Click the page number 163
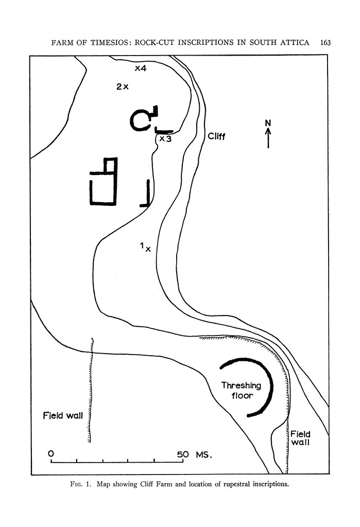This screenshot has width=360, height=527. [x=324, y=42]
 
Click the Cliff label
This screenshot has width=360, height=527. [x=217, y=137]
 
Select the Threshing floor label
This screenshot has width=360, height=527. [x=241, y=391]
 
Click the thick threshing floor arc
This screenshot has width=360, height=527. [x=269, y=386]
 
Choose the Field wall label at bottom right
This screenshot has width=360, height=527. [x=300, y=438]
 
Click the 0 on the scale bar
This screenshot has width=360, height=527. [x=50, y=454]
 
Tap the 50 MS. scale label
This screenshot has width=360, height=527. [x=194, y=455]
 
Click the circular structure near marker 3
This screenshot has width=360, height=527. [x=140, y=121]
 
